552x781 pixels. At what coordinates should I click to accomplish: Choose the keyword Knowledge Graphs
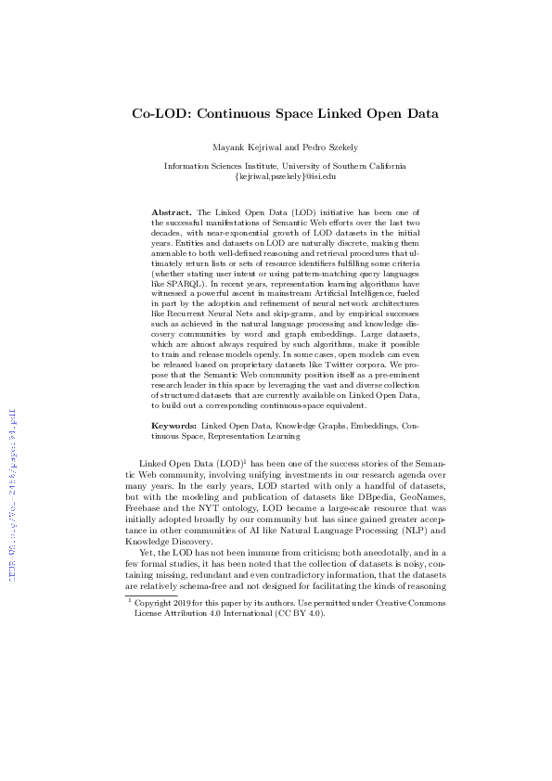(x=297, y=425)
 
